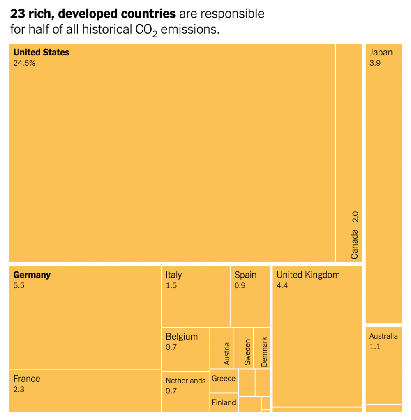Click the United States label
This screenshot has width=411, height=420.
[x=41, y=53]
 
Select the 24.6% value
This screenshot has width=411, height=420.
[x=24, y=63]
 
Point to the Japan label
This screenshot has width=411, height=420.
[x=381, y=53]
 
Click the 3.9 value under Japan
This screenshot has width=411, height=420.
[x=375, y=63]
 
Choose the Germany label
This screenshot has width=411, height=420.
[x=32, y=275]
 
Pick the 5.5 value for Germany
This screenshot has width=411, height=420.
[x=19, y=286]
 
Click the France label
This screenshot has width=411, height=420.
[x=27, y=379]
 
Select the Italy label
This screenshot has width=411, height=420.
[x=173, y=275]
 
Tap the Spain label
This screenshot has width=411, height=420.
[x=245, y=275]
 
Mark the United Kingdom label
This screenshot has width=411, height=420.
[x=308, y=275]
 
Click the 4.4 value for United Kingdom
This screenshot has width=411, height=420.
[x=282, y=286]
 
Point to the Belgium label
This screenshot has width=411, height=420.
[x=182, y=337]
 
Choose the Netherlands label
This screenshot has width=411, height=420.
[x=185, y=381]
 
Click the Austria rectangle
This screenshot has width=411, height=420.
[x=222, y=348]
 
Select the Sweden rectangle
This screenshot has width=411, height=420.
[x=244, y=348]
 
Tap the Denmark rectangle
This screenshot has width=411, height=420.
[x=262, y=348]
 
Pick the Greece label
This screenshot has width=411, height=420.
[x=224, y=379]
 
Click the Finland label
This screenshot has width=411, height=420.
[x=224, y=403]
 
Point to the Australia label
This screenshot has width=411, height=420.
[x=383, y=336]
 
